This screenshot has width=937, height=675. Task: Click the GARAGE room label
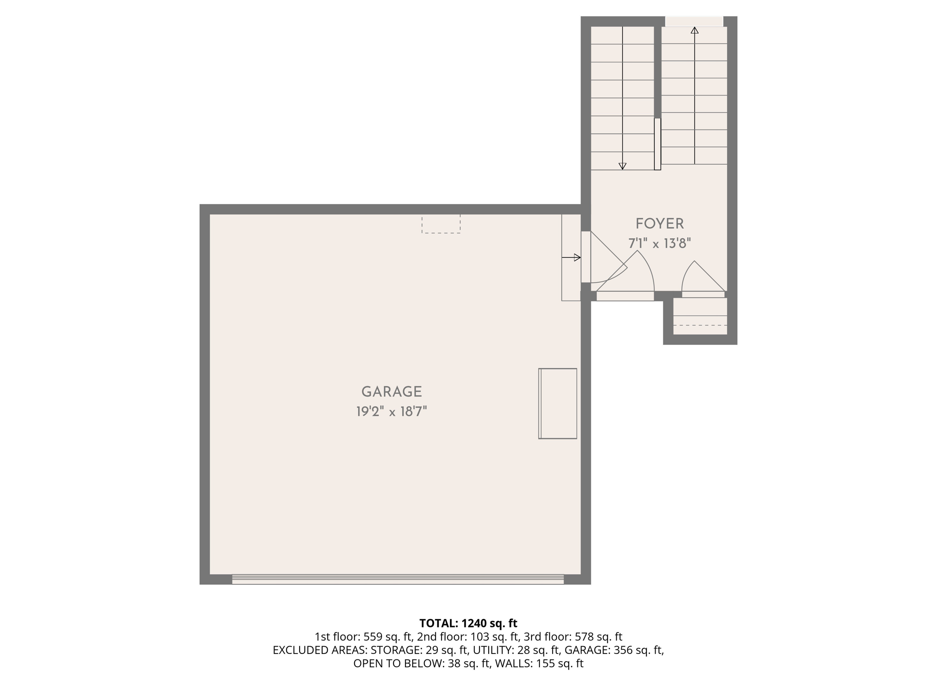point(391,391)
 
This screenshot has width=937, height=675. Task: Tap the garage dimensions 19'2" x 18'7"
point(391,412)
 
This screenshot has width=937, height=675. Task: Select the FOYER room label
point(659,224)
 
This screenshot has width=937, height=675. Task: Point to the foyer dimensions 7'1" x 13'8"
point(659,243)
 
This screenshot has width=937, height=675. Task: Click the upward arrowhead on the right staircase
point(695,31)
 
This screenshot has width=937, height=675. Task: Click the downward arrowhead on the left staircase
point(622,166)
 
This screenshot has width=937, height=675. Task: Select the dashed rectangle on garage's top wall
point(441,224)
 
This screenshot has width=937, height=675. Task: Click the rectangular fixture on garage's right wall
point(557,403)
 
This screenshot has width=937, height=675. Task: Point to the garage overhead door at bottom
point(398,579)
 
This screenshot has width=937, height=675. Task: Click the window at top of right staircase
point(694,21)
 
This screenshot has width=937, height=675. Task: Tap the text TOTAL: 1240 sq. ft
point(468,623)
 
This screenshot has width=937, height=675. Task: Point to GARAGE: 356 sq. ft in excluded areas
point(614,650)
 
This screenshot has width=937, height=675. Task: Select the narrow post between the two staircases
point(657,144)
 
